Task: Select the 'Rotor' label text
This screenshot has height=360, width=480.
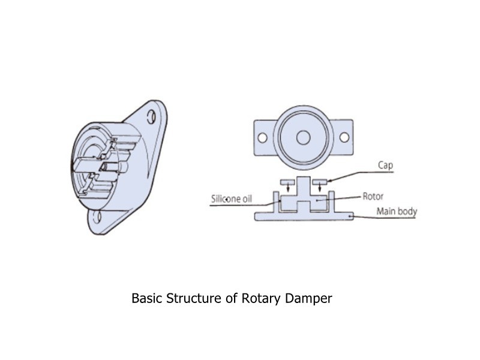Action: [373, 196]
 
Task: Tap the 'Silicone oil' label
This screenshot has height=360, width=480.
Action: [230, 199]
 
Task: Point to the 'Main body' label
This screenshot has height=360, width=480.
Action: [396, 211]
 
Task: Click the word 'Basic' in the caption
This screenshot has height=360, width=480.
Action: [147, 298]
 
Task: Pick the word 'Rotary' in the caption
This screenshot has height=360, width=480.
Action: [264, 298]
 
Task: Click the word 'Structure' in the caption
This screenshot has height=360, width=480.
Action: [193, 298]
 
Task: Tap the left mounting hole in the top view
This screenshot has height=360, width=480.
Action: [262, 137]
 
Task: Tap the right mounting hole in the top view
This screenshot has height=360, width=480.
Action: [344, 137]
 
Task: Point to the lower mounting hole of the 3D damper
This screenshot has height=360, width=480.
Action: [99, 215]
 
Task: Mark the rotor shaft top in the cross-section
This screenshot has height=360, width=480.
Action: [304, 181]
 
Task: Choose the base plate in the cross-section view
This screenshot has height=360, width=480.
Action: [304, 217]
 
